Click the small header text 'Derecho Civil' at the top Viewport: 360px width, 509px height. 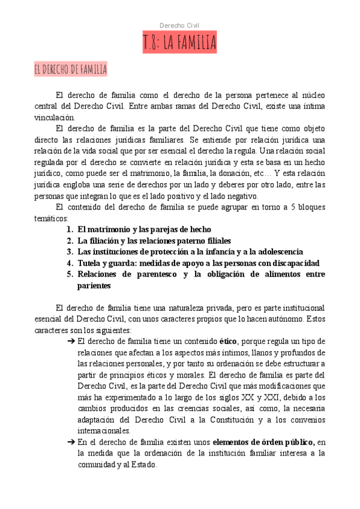click(179, 25)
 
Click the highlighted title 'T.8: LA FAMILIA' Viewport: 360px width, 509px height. click(179, 43)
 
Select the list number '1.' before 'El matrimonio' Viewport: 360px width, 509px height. click(70, 229)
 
